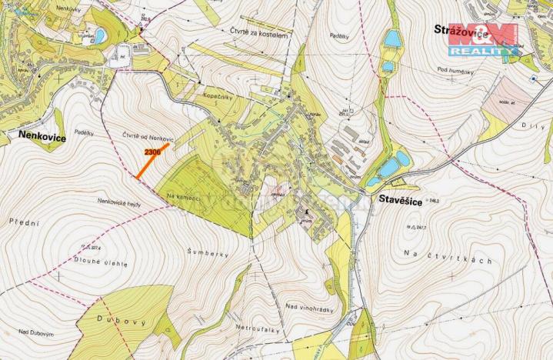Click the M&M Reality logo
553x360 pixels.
483,40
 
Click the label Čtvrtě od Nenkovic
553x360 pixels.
149,137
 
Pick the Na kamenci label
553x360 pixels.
183,198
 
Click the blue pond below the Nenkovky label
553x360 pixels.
98,35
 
